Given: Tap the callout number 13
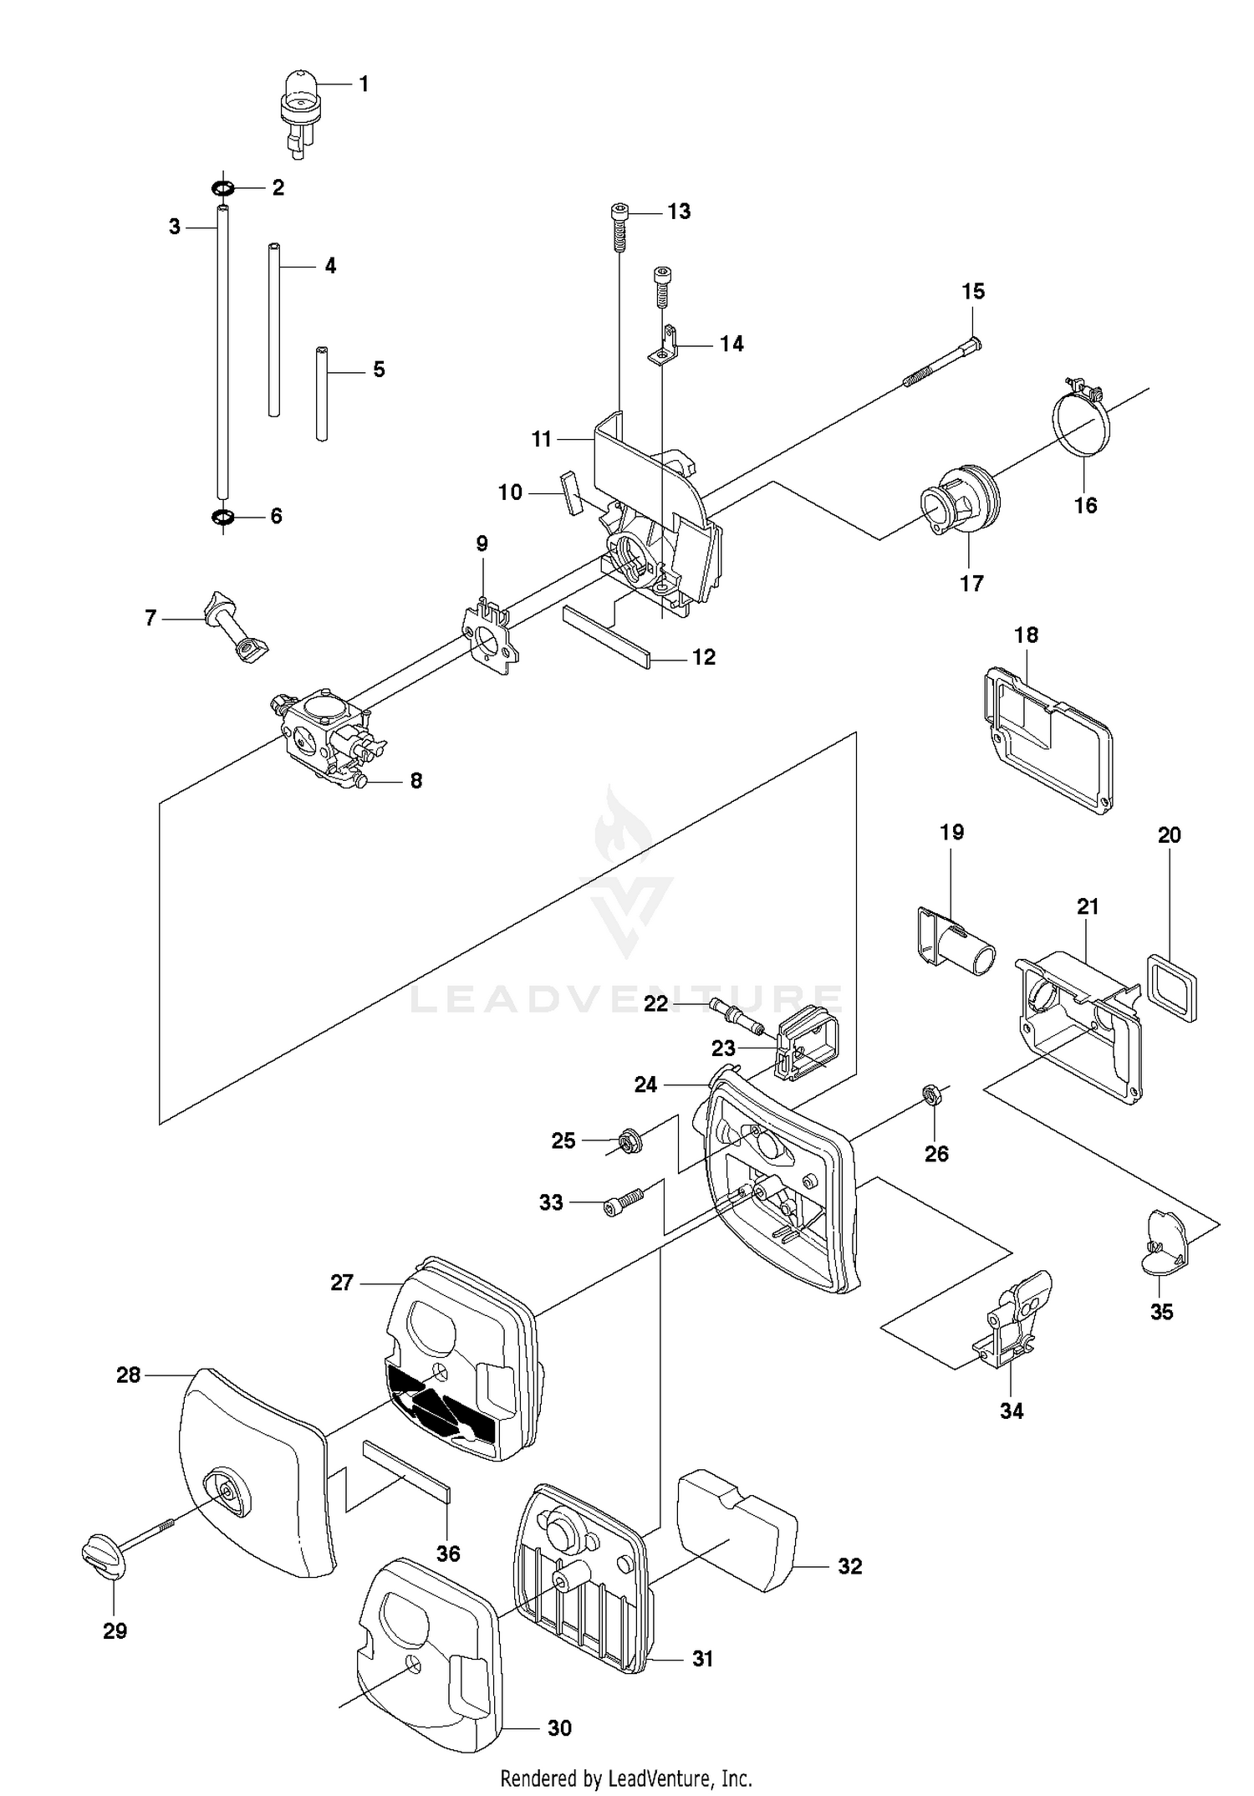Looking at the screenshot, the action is click(679, 212).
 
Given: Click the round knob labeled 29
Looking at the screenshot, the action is click(103, 1556).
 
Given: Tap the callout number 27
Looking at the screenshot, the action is click(342, 1283).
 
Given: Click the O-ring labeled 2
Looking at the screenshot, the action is click(222, 186).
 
